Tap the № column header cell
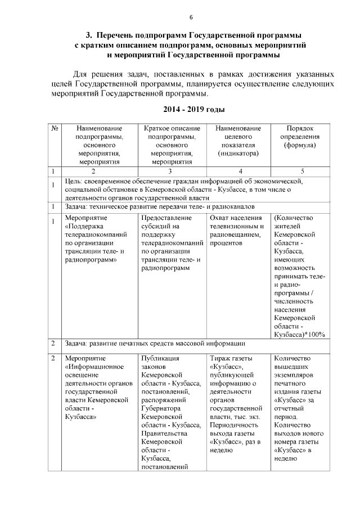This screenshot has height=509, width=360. coord(56,128)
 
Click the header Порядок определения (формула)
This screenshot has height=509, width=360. coord(300,137)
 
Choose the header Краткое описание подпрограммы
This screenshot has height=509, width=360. coord(172,145)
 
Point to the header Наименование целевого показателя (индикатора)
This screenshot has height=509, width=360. coord(238,141)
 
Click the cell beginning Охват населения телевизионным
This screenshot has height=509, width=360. coord(238,231)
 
